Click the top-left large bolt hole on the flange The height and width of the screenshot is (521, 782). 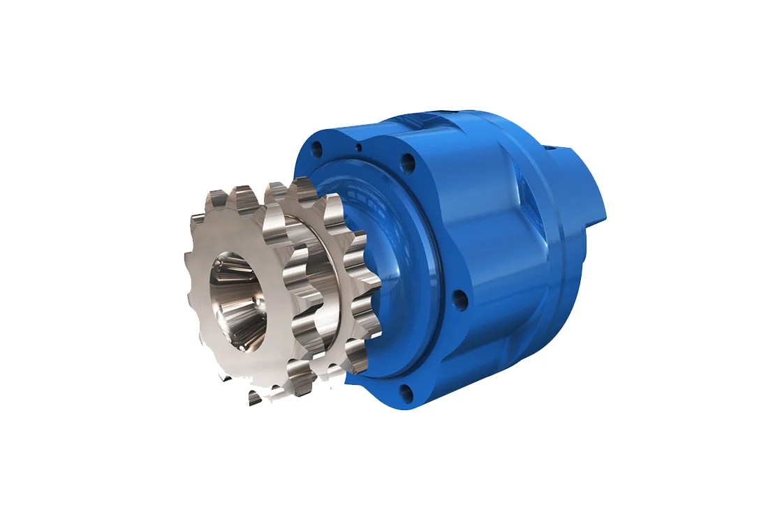(318, 149)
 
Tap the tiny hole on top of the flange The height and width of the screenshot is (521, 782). (358, 147)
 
